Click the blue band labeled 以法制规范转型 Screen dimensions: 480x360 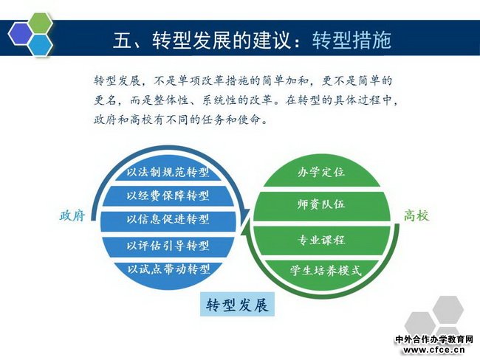pyautogui.click(x=168, y=172)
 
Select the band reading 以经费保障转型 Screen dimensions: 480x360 pyautogui.click(x=168, y=195)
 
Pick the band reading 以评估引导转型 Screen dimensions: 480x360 pyautogui.click(x=168, y=246)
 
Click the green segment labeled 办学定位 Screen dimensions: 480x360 pyautogui.click(x=321, y=173)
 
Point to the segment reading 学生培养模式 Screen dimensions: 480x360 pyautogui.click(x=326, y=271)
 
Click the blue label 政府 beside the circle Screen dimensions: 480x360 pyautogui.click(x=72, y=215)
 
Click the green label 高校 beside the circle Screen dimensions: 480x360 pyautogui.click(x=416, y=215)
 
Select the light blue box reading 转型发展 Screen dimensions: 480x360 pyautogui.click(x=237, y=305)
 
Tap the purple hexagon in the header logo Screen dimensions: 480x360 pyautogui.click(x=20, y=34)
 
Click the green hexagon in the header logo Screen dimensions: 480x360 pyautogui.click(x=41, y=24)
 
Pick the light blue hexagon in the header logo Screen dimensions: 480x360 pyautogui.click(x=41, y=45)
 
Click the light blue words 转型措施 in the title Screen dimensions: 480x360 pyautogui.click(x=352, y=40)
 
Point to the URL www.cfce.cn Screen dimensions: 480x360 pyautogui.click(x=434, y=350)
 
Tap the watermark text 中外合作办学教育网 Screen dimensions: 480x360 pyautogui.click(x=434, y=339)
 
